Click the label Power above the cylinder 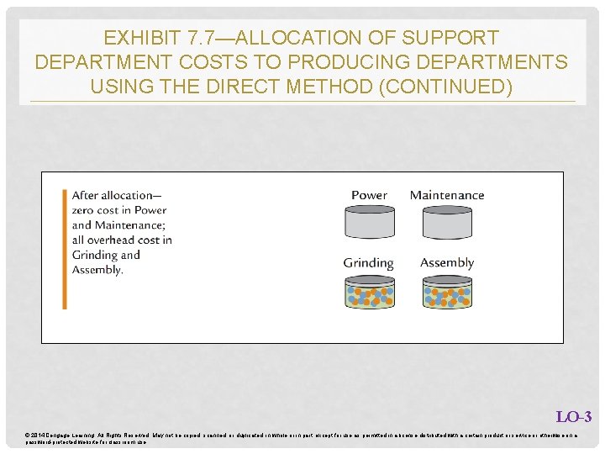point(369,195)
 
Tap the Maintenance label point(447,195)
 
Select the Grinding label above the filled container point(368,263)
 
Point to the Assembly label point(447,263)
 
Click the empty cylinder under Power point(369,223)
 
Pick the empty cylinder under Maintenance point(447,223)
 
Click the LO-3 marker point(574,417)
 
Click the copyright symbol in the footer point(28,434)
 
